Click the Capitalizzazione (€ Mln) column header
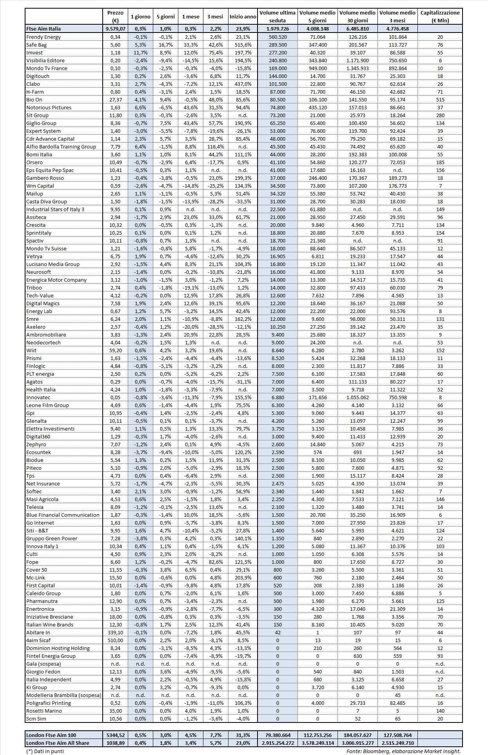coord(440,16)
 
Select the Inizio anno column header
coord(243,16)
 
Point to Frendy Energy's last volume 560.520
coord(277,37)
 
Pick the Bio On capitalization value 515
coord(440,100)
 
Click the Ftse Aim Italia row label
coord(44,29)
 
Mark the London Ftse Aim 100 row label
coord(51,735)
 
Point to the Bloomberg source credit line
coord(403,751)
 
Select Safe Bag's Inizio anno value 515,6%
coord(243,45)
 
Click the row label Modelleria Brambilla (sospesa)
coord(63,695)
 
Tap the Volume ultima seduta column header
coord(277,16)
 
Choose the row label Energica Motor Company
coord(56,280)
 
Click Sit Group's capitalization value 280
coord(440,115)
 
